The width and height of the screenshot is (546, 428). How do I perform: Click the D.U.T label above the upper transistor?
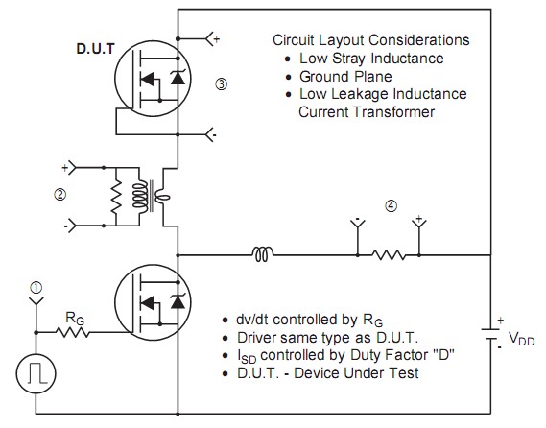point(95,49)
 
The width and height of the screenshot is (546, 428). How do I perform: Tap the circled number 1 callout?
point(36,288)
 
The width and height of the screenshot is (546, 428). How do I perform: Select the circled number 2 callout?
point(59,194)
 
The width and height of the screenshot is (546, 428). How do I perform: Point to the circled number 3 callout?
point(222,83)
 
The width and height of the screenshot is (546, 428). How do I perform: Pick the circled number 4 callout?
point(392,205)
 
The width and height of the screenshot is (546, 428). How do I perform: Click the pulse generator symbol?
point(36,373)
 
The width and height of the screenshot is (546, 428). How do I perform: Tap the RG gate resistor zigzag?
point(72,332)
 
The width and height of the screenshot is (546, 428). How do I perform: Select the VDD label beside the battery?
point(521,339)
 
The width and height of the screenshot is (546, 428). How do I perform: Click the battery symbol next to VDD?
point(491,333)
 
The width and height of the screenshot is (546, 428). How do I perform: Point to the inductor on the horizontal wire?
point(263,254)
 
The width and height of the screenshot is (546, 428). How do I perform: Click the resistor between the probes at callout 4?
point(389,255)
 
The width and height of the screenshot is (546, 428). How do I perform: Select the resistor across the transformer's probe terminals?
point(116,197)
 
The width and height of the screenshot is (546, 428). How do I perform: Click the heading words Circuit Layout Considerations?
point(370,40)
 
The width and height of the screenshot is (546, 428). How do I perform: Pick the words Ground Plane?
point(345,77)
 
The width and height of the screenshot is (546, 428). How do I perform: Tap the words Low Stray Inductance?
point(371,59)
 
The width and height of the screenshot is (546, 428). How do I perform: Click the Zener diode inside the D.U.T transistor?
point(178,78)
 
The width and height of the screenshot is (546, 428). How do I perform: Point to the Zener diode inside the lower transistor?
point(178,301)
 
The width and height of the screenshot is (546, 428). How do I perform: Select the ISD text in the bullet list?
point(247,356)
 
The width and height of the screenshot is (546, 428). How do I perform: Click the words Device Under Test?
point(356,373)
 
